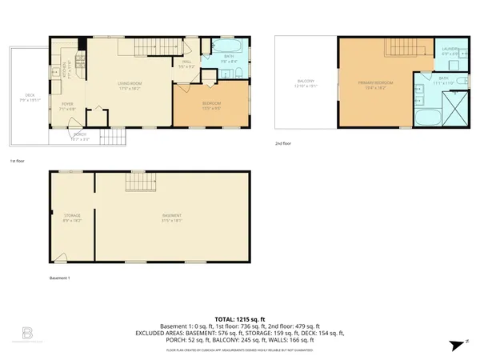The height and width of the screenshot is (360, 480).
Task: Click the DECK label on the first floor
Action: [30, 95]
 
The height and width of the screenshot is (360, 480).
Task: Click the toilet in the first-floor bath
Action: [239, 74]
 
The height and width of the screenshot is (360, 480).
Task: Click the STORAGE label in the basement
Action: [73, 215]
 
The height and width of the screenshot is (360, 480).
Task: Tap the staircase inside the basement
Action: [137, 185]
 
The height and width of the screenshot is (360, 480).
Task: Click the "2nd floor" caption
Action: [282, 144]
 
